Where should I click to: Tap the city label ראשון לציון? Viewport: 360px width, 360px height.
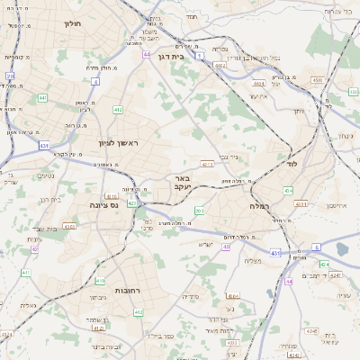click(x=120, y=143)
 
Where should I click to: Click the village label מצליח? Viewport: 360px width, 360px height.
click(x=251, y=260)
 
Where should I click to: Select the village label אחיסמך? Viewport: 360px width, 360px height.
click(x=332, y=206)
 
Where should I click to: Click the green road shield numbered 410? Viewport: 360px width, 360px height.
click(x=100, y=281)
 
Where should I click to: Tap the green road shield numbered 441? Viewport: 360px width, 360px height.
click(x=43, y=97)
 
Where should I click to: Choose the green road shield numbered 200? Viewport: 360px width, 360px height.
click(x=199, y=211)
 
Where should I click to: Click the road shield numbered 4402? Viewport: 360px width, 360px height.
click(x=220, y=65)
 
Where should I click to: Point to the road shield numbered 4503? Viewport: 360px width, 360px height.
click(x=316, y=80)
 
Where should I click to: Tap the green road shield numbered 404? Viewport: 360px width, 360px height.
click(x=288, y=190)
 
